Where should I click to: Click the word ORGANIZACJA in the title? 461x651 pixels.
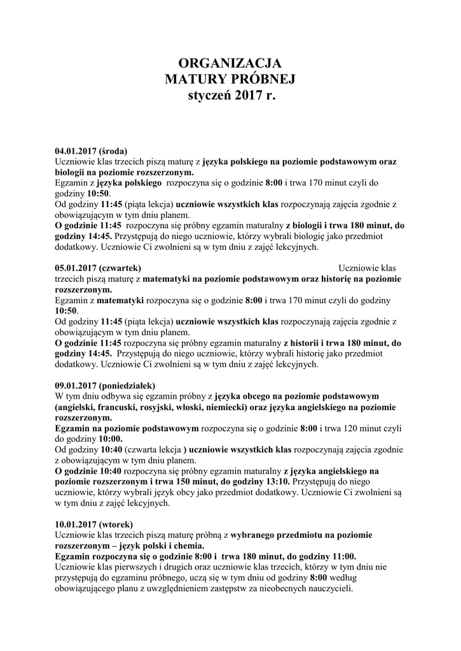click(x=230, y=62)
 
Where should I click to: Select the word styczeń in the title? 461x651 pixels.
click(x=209, y=97)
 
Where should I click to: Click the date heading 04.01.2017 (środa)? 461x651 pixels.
click(x=91, y=151)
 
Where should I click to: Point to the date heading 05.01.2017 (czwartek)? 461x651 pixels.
click(x=98, y=268)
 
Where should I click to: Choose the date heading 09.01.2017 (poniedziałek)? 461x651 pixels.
click(x=104, y=385)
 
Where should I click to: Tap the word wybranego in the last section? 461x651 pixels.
click(x=256, y=535)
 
